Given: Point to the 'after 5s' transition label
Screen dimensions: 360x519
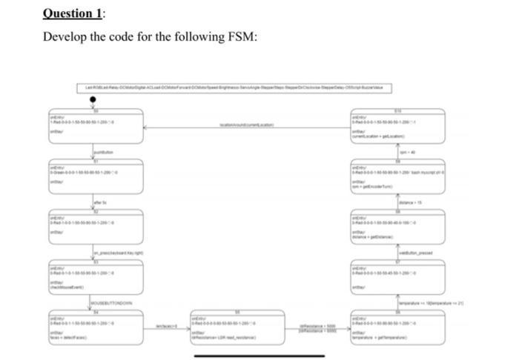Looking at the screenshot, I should click(102, 204).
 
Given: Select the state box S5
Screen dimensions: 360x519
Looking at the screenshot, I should click(237, 328).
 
